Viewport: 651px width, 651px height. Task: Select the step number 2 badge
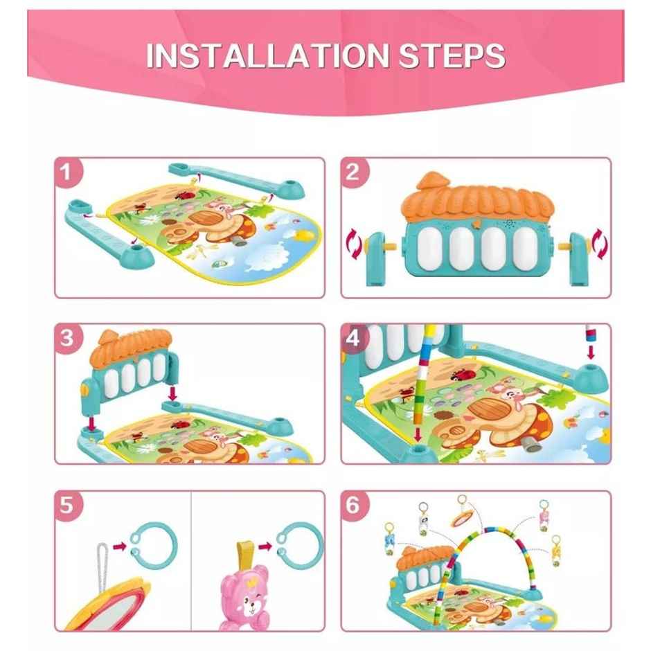(x=353, y=172)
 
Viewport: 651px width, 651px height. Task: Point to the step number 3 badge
(x=67, y=338)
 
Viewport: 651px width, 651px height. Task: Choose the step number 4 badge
(x=354, y=338)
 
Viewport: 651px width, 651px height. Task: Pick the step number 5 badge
(x=67, y=505)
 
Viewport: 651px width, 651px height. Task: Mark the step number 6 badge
(x=354, y=505)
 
